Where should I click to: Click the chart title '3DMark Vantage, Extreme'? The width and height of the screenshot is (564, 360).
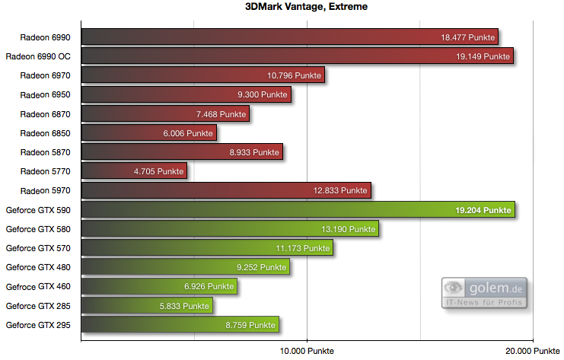[281, 8]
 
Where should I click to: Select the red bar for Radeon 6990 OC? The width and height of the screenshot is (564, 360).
[297, 56]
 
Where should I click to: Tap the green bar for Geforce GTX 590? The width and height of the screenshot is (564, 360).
[298, 209]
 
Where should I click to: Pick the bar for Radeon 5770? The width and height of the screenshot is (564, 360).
[133, 171]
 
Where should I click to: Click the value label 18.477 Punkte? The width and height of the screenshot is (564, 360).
[467, 37]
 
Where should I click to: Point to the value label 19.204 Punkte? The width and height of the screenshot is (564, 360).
[483, 210]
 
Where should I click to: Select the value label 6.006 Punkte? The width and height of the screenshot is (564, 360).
[188, 133]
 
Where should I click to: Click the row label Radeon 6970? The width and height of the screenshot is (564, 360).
[45, 75]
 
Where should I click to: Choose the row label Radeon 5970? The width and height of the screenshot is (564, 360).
[45, 190]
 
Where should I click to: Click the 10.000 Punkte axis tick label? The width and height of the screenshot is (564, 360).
[307, 351]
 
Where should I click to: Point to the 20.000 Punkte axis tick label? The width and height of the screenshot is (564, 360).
[534, 351]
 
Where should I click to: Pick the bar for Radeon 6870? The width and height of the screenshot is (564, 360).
[164, 113]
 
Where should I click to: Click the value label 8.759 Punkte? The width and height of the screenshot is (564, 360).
[250, 325]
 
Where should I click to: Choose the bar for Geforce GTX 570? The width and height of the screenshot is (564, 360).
[206, 248]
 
